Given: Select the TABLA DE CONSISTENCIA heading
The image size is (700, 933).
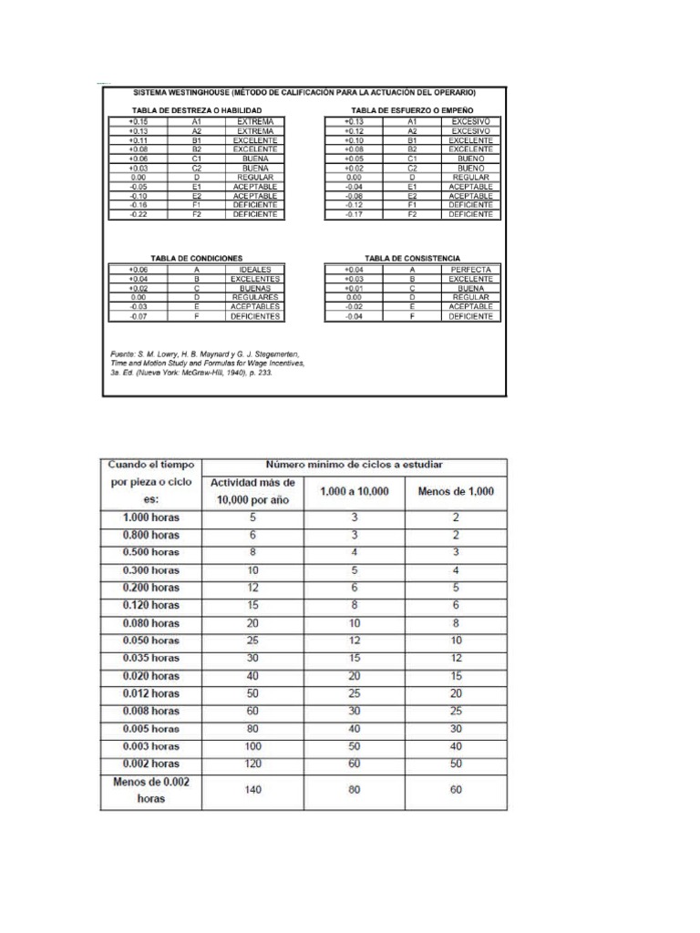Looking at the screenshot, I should [411, 258].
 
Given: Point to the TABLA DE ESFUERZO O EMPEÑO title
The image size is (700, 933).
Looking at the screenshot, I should [411, 108].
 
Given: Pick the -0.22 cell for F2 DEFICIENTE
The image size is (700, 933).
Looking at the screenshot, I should [138, 215].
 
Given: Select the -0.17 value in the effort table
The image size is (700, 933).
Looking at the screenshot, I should [354, 215].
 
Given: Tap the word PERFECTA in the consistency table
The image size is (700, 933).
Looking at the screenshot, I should [470, 271].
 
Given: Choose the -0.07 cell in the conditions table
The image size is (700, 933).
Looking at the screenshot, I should [138, 316].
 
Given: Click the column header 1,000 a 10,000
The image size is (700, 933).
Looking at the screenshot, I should [355, 491].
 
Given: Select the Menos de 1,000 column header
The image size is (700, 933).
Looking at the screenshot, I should [456, 491].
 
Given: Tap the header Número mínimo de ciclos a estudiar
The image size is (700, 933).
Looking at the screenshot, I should [355, 465].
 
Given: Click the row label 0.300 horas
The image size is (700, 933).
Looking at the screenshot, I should [151, 569].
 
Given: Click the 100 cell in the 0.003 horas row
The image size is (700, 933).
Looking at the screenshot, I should [252, 746].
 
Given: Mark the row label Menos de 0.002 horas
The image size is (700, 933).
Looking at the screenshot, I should [151, 790].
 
